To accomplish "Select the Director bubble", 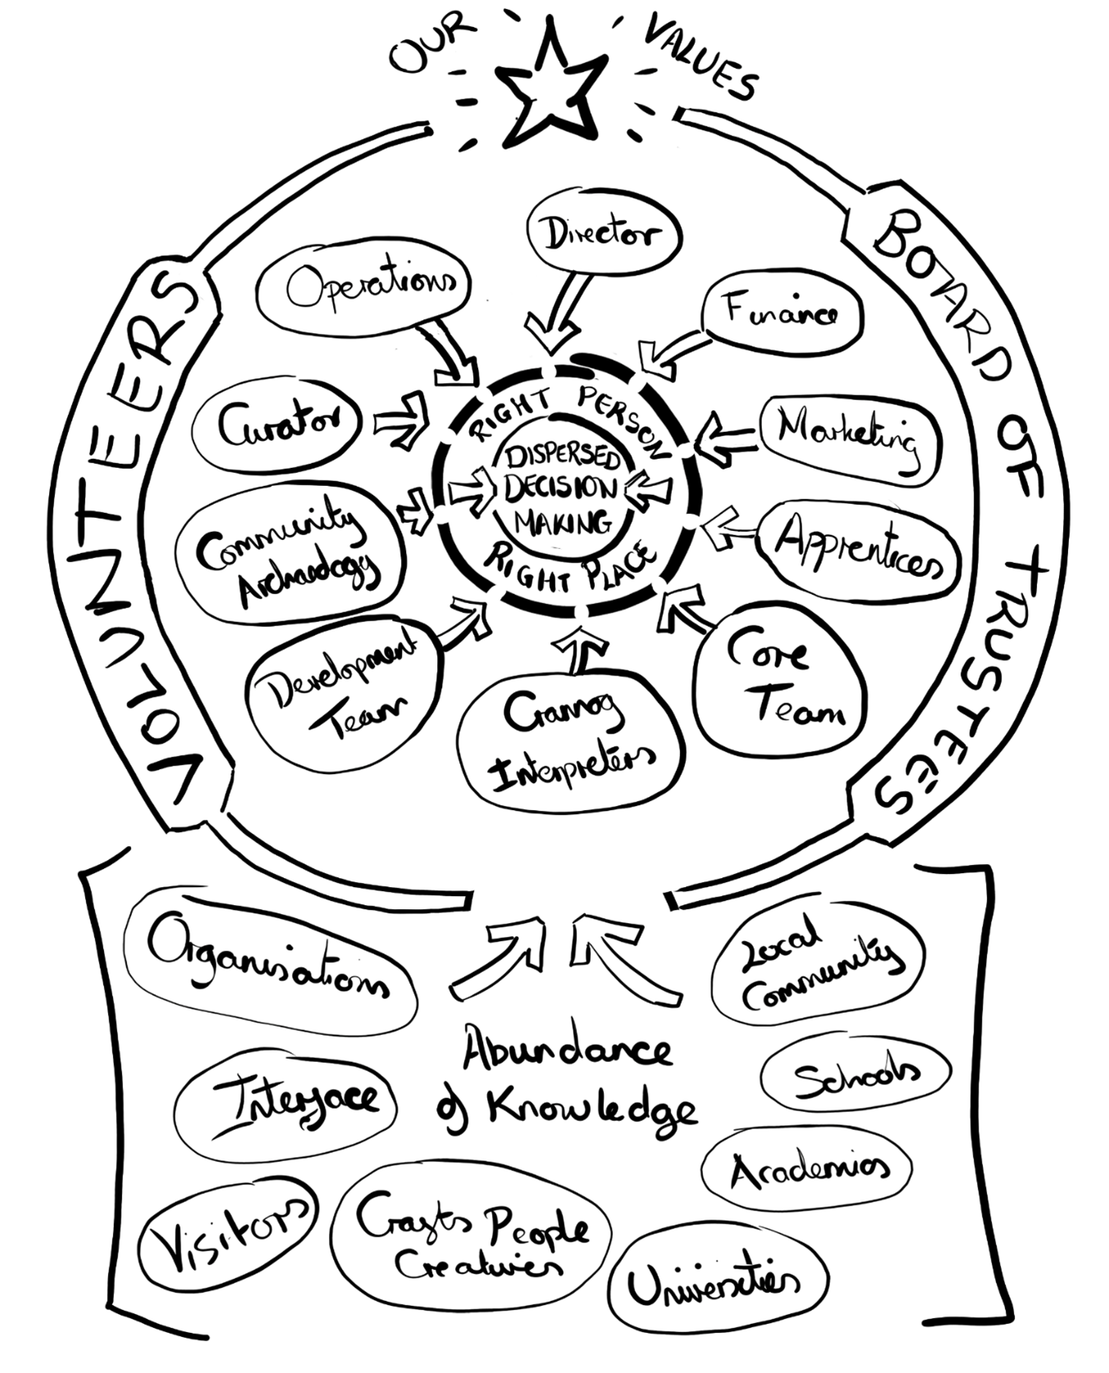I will [603, 236].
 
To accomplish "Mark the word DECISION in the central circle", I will [560, 488].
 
